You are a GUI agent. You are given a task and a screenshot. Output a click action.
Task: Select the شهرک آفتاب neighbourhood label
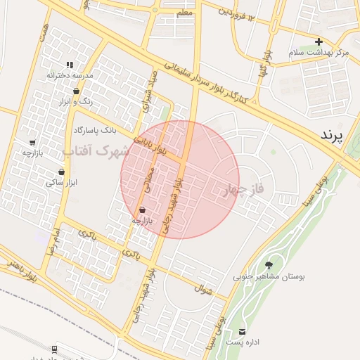coord(96,150)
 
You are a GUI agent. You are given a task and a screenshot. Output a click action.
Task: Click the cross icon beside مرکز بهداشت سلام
coord(319,42)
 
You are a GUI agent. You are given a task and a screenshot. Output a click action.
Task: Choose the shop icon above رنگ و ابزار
coord(76,91)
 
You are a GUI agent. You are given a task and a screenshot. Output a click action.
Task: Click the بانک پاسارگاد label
coord(94,130)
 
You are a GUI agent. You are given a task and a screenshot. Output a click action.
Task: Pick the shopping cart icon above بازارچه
coord(32,142)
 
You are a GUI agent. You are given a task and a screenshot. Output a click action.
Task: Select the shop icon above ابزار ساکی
coord(61,172)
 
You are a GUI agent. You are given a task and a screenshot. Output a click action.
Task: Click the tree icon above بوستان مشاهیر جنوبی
coord(269,265)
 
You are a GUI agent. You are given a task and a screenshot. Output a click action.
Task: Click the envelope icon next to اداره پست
coord(243,331)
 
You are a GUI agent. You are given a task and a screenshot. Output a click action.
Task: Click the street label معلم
coord(184,13)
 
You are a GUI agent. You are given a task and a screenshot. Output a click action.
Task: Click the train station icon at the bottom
coord(54,348)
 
